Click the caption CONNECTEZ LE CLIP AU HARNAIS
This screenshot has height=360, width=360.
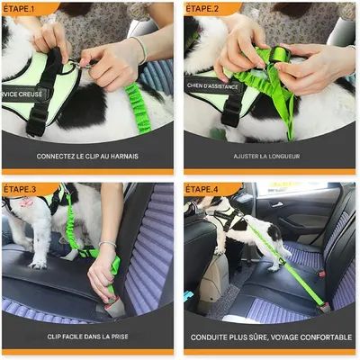[x=88, y=156]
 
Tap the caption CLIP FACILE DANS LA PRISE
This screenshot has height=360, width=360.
[x=88, y=337]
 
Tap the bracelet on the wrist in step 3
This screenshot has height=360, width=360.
[x=107, y=243]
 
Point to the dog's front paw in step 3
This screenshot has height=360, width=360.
[x=37, y=264]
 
